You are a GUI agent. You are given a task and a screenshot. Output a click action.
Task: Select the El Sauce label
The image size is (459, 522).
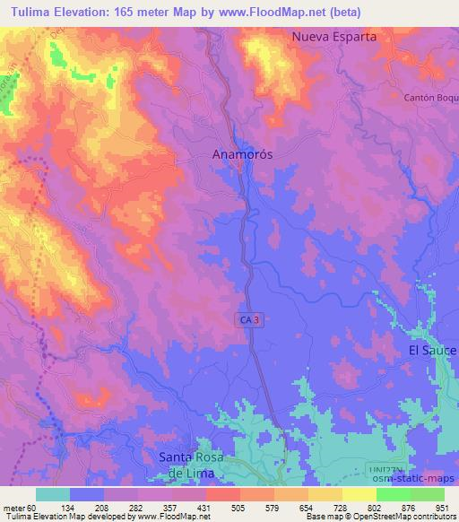[x=432, y=349]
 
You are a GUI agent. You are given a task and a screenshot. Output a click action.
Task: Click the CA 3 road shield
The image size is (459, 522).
[x=251, y=319]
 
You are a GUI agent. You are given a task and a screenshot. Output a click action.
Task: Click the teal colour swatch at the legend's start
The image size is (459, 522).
[x=53, y=494]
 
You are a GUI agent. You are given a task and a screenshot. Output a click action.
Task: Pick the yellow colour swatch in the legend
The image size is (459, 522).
[x=359, y=494]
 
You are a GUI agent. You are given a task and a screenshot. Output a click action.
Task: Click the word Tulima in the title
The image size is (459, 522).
[x=27, y=10]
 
